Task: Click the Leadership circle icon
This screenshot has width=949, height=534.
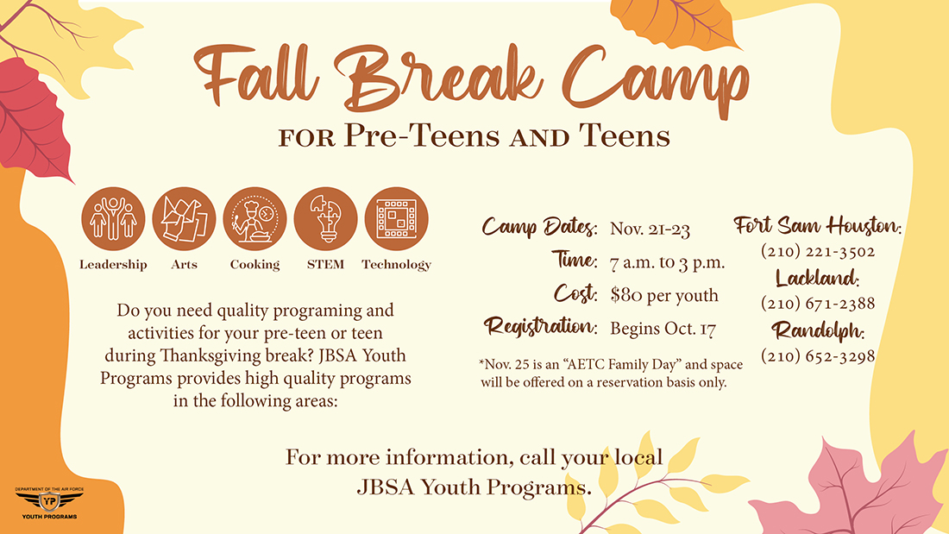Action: click(113, 218)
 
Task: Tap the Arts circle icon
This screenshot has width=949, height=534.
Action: click(184, 218)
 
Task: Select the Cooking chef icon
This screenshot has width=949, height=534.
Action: click(255, 218)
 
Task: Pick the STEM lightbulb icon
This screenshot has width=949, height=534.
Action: click(325, 218)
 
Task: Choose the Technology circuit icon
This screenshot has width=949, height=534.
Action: click(397, 218)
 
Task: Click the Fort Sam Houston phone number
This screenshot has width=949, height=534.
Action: click(818, 251)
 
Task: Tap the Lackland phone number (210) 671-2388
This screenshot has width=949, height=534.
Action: click(818, 303)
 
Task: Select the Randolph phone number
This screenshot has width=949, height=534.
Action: click(818, 355)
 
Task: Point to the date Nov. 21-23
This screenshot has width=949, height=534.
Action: click(650, 229)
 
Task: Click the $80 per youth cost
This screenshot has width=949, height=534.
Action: click(664, 295)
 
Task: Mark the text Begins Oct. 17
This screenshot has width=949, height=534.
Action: click(663, 328)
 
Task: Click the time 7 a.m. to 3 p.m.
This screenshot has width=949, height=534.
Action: click(667, 262)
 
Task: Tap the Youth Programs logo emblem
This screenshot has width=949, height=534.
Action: click(49, 503)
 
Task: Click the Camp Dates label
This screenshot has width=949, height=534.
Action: click(539, 227)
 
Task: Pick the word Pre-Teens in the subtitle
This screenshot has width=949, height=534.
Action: click(422, 135)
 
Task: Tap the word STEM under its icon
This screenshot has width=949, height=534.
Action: click(325, 265)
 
